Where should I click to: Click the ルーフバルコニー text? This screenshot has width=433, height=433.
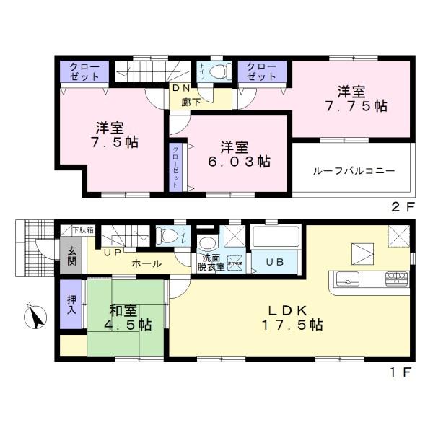[x=354, y=172]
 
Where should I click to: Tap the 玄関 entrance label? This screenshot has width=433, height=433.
[x=72, y=257]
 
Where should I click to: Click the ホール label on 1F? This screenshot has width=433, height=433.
[x=146, y=264]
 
